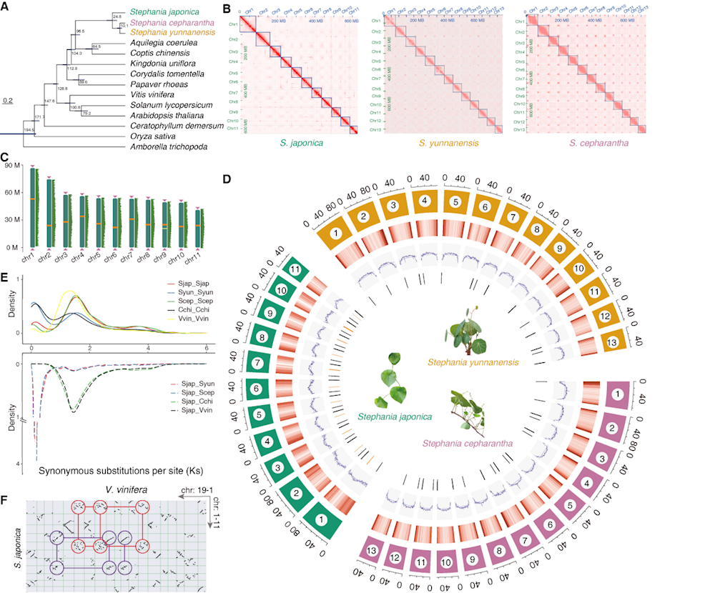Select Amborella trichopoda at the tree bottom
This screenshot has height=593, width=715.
coord(165,147)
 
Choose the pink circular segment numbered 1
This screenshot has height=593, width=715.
coord(613,393)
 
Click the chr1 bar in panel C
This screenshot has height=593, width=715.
coord(34,206)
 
